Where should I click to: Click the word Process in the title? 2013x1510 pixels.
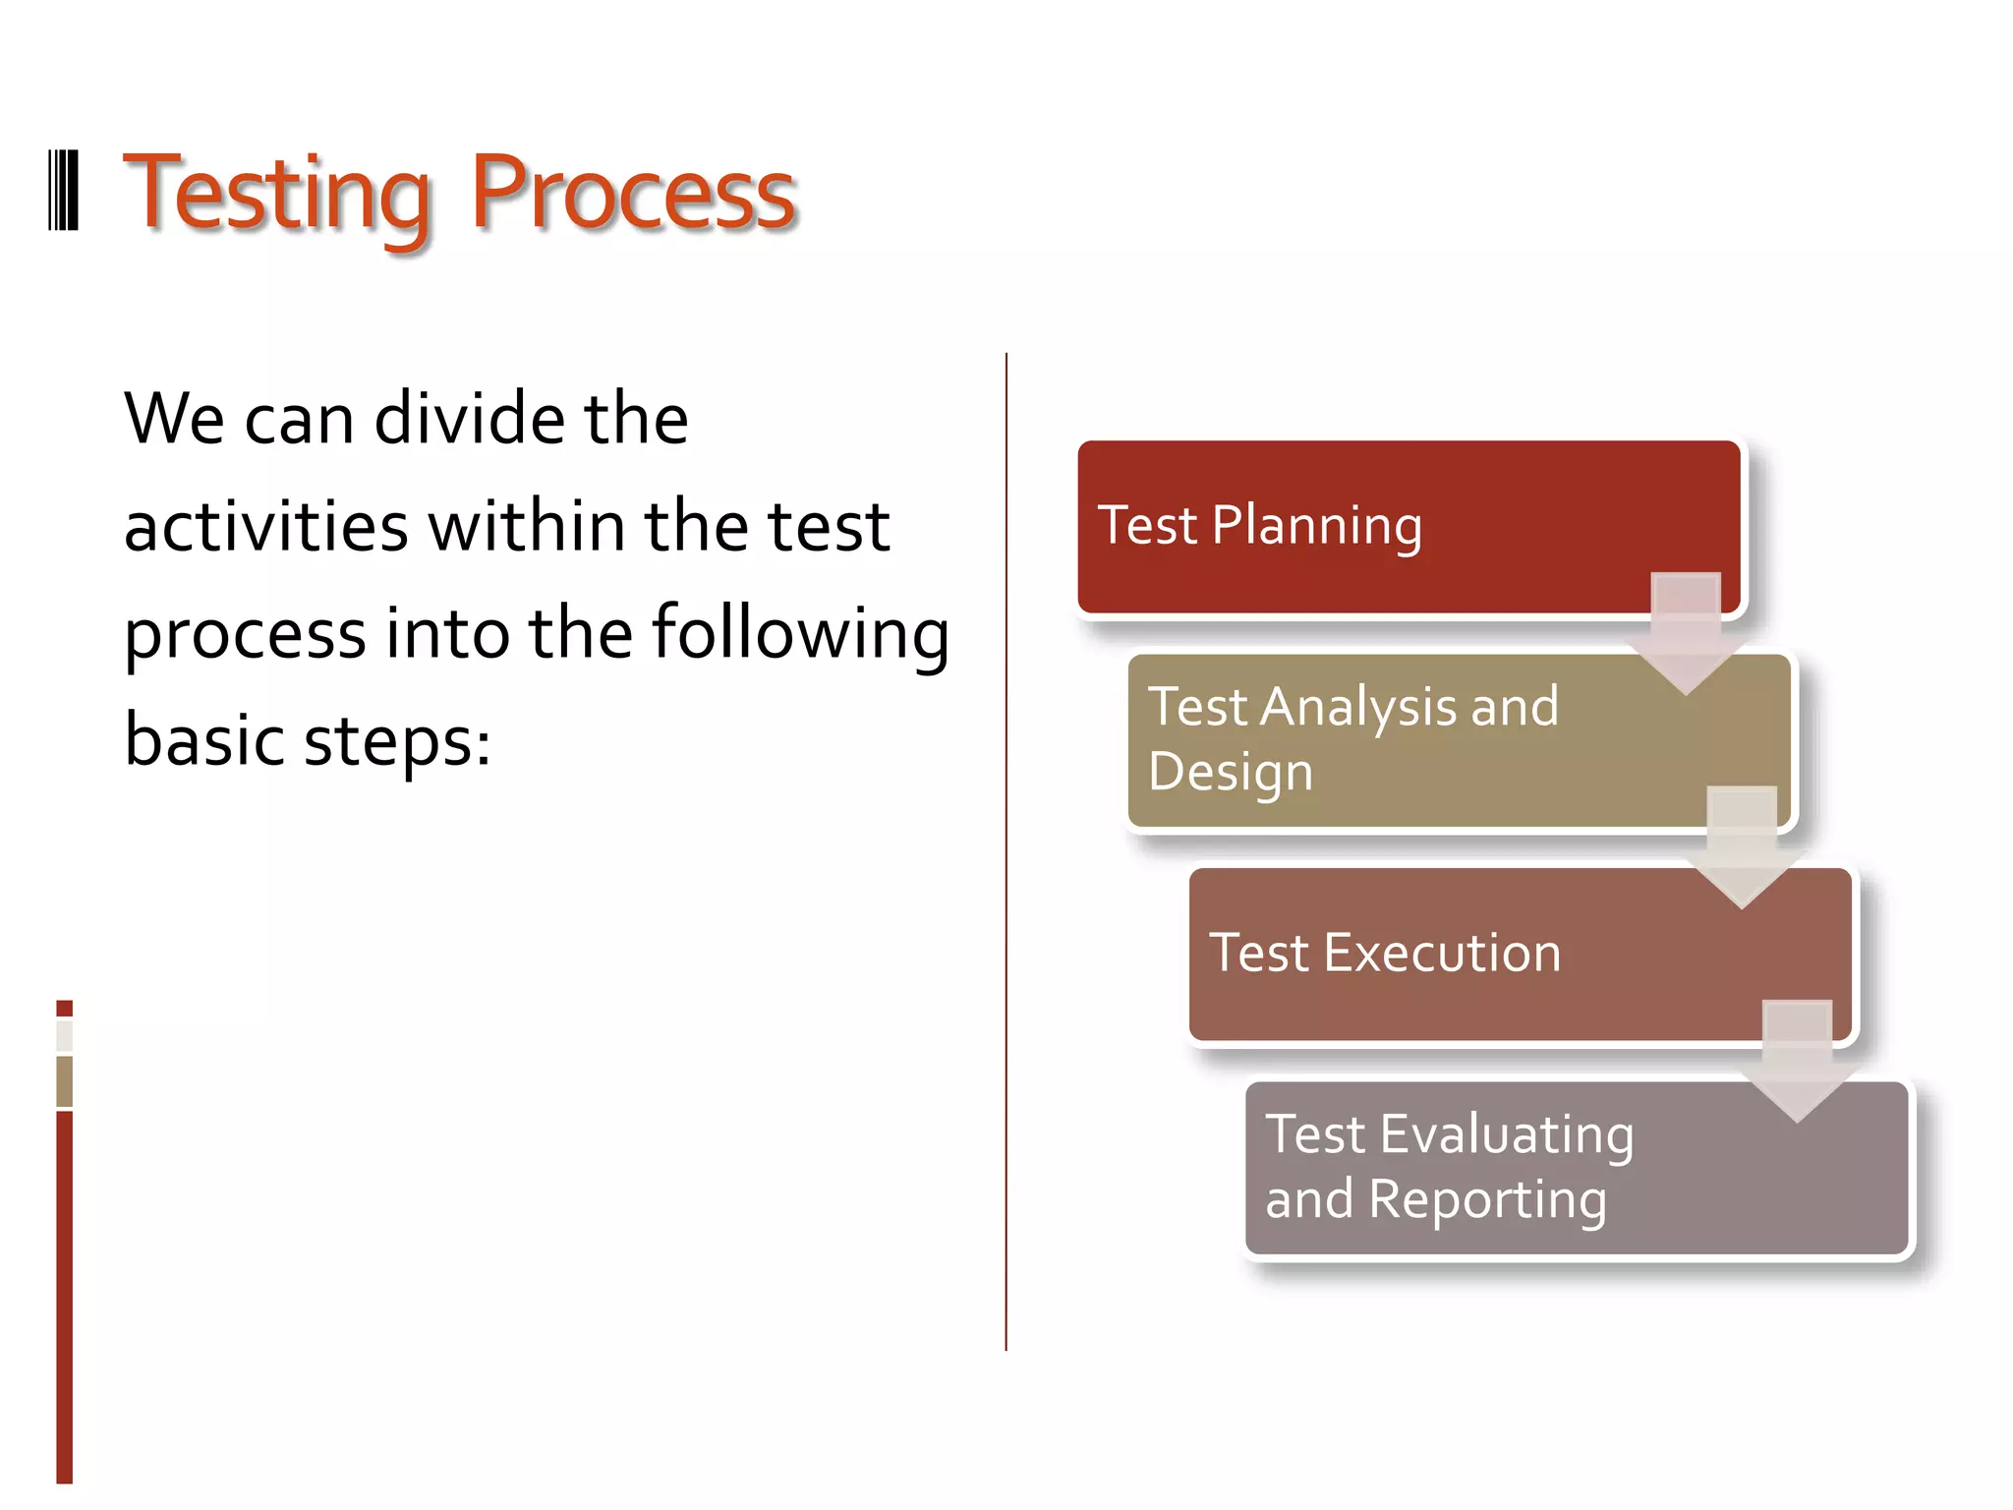pos(632,195)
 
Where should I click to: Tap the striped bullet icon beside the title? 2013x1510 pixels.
pos(64,191)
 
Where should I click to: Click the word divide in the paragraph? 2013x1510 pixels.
pos(469,419)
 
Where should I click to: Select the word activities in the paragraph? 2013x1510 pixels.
pos(265,526)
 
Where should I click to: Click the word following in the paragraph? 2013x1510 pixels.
pos(801,634)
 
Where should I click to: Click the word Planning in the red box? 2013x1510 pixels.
pos(1317,527)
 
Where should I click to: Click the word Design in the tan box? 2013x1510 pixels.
pos(1231,772)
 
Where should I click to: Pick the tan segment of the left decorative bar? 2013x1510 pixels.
pos(64,1081)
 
